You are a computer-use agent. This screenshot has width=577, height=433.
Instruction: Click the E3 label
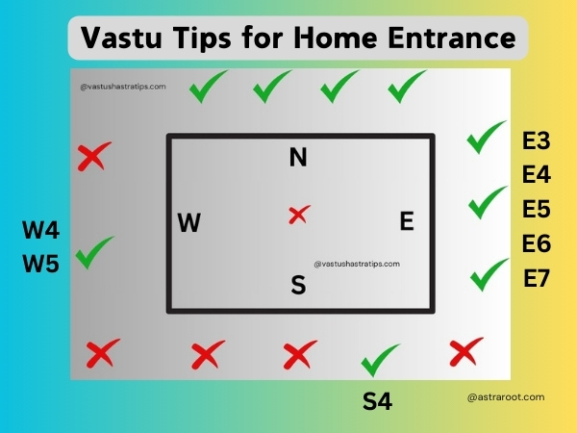click(537, 140)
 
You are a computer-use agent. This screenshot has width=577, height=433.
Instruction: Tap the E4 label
click(537, 174)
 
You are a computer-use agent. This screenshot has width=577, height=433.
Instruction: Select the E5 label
click(537, 209)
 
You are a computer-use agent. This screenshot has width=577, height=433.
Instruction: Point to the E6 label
click(537, 243)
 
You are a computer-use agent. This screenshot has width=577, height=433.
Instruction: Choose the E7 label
click(537, 278)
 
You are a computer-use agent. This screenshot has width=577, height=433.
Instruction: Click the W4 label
click(40, 230)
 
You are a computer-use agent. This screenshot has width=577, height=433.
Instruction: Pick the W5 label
click(40, 264)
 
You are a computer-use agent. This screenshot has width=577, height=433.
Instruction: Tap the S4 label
click(377, 401)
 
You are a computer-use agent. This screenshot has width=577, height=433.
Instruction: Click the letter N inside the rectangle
click(298, 157)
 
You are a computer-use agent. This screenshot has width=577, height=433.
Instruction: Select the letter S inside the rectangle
click(298, 285)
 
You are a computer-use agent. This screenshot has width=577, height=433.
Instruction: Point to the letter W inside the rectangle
click(189, 222)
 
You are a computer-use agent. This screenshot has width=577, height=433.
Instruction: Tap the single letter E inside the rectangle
click(407, 221)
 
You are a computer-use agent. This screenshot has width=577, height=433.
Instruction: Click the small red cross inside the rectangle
click(299, 215)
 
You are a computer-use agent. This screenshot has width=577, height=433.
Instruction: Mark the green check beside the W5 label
click(93, 253)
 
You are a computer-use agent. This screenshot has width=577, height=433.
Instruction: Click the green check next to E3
click(485, 138)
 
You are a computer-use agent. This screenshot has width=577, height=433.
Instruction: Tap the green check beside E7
click(489, 275)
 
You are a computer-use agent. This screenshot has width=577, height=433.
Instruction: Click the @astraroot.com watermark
click(506, 397)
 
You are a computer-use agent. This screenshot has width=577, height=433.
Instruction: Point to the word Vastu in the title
click(121, 38)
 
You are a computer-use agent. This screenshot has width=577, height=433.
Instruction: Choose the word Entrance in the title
click(452, 38)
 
